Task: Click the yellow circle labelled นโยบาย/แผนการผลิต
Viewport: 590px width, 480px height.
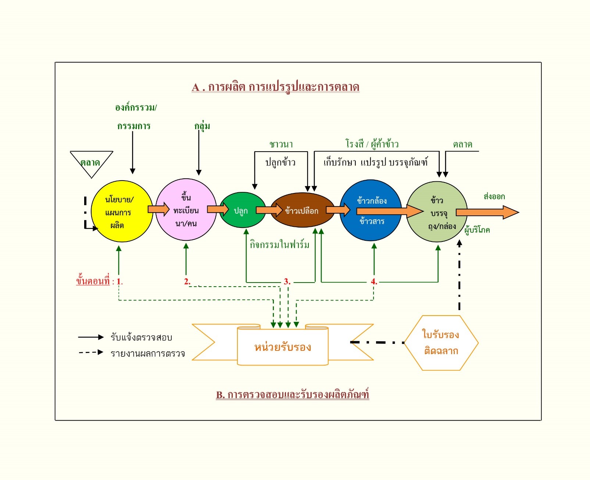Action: (x=121, y=211)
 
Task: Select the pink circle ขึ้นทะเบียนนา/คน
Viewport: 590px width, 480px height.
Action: (x=186, y=210)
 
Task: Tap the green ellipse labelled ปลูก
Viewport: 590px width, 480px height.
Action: (x=242, y=210)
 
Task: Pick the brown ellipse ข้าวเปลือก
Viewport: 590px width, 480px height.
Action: (x=302, y=210)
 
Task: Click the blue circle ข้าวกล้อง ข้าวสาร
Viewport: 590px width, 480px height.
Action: (x=371, y=210)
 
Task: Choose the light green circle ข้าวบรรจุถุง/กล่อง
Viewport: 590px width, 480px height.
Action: (x=437, y=212)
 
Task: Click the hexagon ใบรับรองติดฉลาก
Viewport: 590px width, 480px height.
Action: (x=441, y=343)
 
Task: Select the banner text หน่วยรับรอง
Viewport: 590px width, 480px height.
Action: (x=283, y=347)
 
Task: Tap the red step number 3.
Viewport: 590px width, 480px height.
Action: (x=287, y=281)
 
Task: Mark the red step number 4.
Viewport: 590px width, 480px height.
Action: (x=373, y=281)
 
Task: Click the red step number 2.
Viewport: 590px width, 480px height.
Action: (x=187, y=281)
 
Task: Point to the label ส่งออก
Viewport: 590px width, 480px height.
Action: (x=494, y=196)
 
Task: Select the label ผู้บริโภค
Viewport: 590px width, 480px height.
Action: (x=477, y=230)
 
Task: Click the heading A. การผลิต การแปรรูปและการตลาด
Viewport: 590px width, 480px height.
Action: (x=275, y=87)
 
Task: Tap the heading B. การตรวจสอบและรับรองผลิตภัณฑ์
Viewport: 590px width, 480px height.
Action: (x=292, y=394)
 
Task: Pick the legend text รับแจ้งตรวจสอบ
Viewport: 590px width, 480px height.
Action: (x=141, y=337)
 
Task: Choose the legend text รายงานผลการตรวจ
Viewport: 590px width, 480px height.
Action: (x=147, y=353)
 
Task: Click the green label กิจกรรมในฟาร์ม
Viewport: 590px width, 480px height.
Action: (x=279, y=244)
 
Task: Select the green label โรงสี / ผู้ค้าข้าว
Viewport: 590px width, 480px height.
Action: (x=372, y=144)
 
